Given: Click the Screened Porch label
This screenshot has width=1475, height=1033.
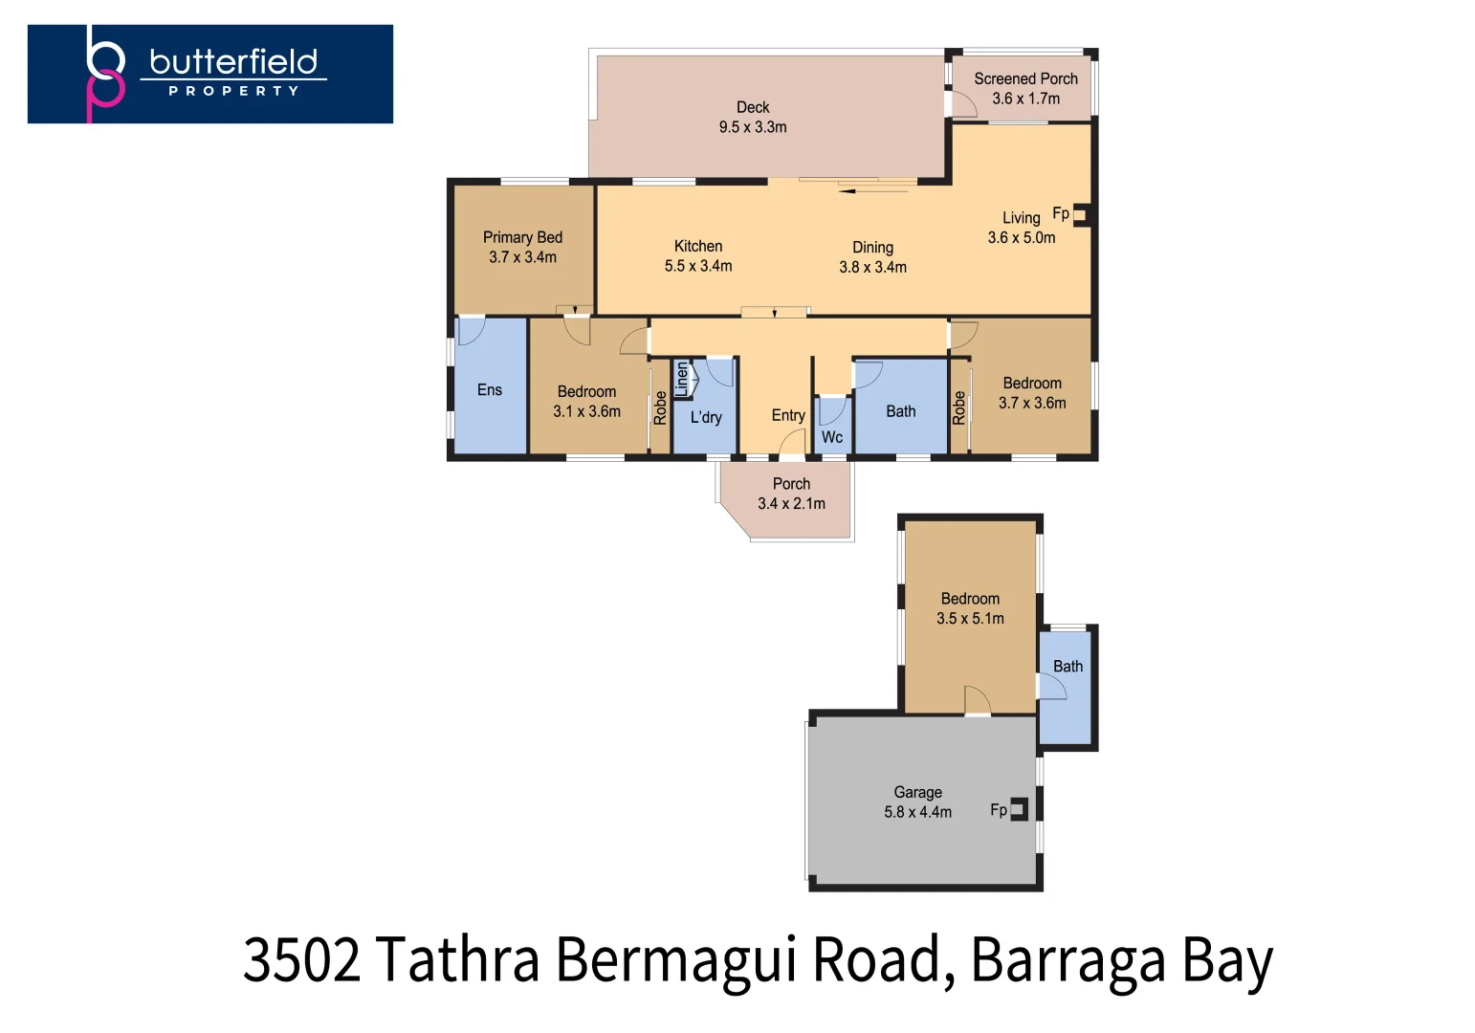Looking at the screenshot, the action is pyautogui.click(x=1026, y=79).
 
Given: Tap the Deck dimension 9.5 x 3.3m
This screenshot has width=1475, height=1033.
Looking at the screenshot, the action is pyautogui.click(x=753, y=127).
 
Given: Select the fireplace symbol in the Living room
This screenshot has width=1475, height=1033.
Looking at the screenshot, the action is pyautogui.click(x=1081, y=215).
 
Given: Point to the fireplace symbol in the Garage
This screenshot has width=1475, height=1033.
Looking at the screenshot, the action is pyautogui.click(x=1019, y=809).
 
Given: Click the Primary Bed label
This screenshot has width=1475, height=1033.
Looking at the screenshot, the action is pyautogui.click(x=522, y=237).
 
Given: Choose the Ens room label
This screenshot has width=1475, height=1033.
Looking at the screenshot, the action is pyautogui.click(x=489, y=389).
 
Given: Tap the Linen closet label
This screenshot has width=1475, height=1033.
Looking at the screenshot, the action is pyautogui.click(x=681, y=379).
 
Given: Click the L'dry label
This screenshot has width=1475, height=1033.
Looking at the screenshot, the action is pyautogui.click(x=706, y=417).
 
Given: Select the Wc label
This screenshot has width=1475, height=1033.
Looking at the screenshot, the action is pyautogui.click(x=831, y=437).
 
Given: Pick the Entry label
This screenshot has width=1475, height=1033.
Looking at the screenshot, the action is pyautogui.click(x=788, y=415).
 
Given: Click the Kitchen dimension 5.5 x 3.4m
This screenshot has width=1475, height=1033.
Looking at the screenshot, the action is pyautogui.click(x=698, y=266).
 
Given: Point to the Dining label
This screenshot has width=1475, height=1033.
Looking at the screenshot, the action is pyautogui.click(x=872, y=248).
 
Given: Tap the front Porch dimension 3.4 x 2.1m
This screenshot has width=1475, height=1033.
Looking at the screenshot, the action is pyautogui.click(x=791, y=504).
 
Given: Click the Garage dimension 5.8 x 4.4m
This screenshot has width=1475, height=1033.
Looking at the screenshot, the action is pyautogui.click(x=917, y=812).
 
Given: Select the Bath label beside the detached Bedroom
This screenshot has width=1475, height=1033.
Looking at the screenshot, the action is pyautogui.click(x=1068, y=667).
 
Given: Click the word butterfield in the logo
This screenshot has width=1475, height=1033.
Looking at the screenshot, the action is pyautogui.click(x=233, y=62).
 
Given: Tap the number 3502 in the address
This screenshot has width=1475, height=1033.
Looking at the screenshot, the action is pyautogui.click(x=302, y=959).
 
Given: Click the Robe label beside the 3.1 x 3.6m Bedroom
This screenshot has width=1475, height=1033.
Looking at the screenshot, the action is pyautogui.click(x=660, y=408).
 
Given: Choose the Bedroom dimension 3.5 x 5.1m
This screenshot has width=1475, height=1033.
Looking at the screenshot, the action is pyautogui.click(x=970, y=618).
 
